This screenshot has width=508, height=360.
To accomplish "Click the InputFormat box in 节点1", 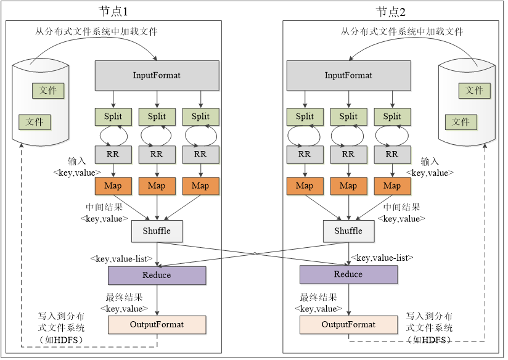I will (157, 75).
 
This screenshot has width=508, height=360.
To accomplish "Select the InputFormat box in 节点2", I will (348, 75).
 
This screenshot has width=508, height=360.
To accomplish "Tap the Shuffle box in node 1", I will (157, 231).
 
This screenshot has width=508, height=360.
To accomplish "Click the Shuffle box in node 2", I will (348, 231).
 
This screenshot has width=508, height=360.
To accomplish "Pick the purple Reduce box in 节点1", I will (157, 275).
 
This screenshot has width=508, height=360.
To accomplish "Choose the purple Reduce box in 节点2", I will (348, 274).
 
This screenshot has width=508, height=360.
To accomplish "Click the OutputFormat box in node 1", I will (157, 324).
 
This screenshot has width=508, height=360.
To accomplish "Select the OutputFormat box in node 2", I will (348, 324).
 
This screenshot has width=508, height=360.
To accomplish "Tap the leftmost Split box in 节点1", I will (113, 116).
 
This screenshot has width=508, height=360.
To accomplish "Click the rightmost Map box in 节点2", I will (392, 186).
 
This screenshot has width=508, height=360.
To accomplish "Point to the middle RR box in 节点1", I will (157, 154).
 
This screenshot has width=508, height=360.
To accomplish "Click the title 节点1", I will (114, 12).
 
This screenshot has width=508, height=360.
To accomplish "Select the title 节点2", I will (391, 12).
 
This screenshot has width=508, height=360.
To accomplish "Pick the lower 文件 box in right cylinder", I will (461, 122).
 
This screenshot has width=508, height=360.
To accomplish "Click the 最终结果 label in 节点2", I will (318, 297).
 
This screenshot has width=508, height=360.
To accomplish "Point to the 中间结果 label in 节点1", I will (104, 207).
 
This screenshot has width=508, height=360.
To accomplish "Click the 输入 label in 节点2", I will (430, 162).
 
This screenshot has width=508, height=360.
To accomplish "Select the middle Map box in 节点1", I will (157, 186).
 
